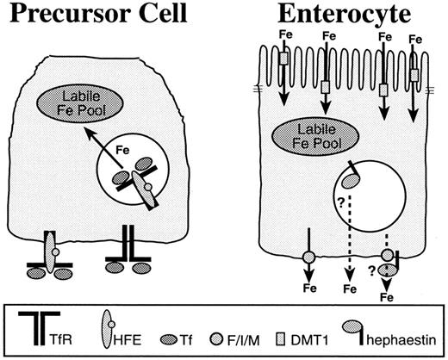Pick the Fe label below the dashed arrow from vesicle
(351, 288)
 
